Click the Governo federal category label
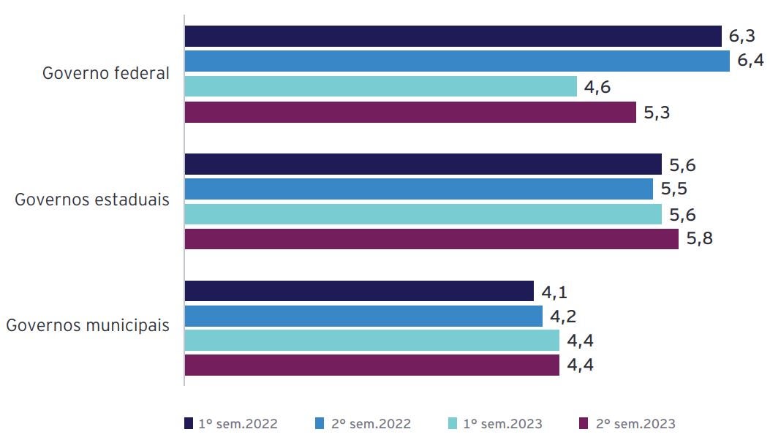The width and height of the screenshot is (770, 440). [106, 74]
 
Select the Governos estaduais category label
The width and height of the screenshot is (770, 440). [92, 200]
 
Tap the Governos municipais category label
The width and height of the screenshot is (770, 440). [88, 326]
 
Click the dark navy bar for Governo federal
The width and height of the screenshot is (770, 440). [453, 37]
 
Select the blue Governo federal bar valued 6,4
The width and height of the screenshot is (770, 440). [457, 61]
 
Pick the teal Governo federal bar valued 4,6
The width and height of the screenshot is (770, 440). [380, 87]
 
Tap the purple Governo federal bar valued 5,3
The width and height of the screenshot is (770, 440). [410, 113]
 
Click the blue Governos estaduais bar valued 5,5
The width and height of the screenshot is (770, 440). [418, 189]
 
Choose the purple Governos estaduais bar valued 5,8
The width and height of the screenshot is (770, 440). [431, 240]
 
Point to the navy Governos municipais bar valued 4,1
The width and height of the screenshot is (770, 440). [359, 291]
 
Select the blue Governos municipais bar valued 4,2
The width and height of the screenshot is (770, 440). [363, 316]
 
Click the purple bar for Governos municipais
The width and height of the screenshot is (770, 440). [371, 365]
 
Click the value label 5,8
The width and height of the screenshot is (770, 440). [700, 240]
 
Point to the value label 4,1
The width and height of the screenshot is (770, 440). [555, 292]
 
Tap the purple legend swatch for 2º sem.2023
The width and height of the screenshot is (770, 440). [584, 424]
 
